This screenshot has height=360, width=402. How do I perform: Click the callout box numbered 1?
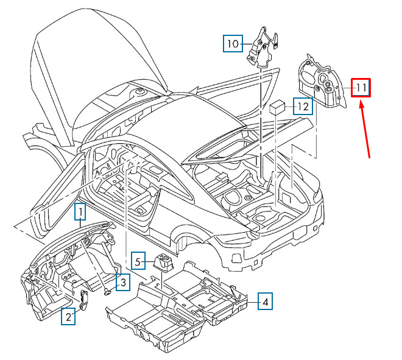(x=80, y=211)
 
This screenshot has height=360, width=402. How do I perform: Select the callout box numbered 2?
(x=68, y=316)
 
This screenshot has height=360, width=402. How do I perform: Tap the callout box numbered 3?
(x=123, y=282)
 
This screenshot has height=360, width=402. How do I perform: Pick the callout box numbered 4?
(x=265, y=301)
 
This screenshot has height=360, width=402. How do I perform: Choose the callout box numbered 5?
(x=138, y=261)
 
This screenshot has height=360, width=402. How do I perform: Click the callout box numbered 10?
(x=233, y=43)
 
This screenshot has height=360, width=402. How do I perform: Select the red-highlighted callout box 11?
(x=361, y=88)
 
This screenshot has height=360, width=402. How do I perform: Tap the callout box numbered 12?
(x=303, y=106)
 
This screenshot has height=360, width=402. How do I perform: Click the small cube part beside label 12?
(x=277, y=107)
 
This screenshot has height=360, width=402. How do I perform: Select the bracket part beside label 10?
(x=262, y=48)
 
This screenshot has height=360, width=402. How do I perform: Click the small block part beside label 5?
(x=163, y=262)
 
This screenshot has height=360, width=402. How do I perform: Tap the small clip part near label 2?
(x=84, y=299)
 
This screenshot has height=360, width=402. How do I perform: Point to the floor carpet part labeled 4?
(x=177, y=306)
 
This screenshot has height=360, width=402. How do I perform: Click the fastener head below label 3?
(x=108, y=292)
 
